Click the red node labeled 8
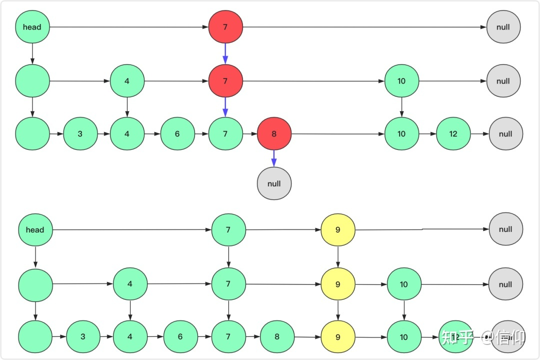(x=274, y=134)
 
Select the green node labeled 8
(x=277, y=337)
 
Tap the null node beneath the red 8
(x=274, y=183)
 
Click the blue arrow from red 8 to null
(x=274, y=158)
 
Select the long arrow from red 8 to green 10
(x=337, y=134)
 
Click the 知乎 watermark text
(x=457, y=337)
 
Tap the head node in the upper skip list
(x=32, y=27)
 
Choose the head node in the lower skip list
(x=35, y=230)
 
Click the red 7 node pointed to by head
(x=225, y=27)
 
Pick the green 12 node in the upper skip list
(x=453, y=134)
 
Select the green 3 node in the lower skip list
(x=83, y=337)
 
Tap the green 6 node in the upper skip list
(x=177, y=134)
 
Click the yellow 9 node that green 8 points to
(x=338, y=337)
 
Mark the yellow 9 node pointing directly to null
(x=338, y=230)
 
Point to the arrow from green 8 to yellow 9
(x=307, y=337)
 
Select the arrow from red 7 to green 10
(x=313, y=81)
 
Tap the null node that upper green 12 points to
(x=505, y=134)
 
